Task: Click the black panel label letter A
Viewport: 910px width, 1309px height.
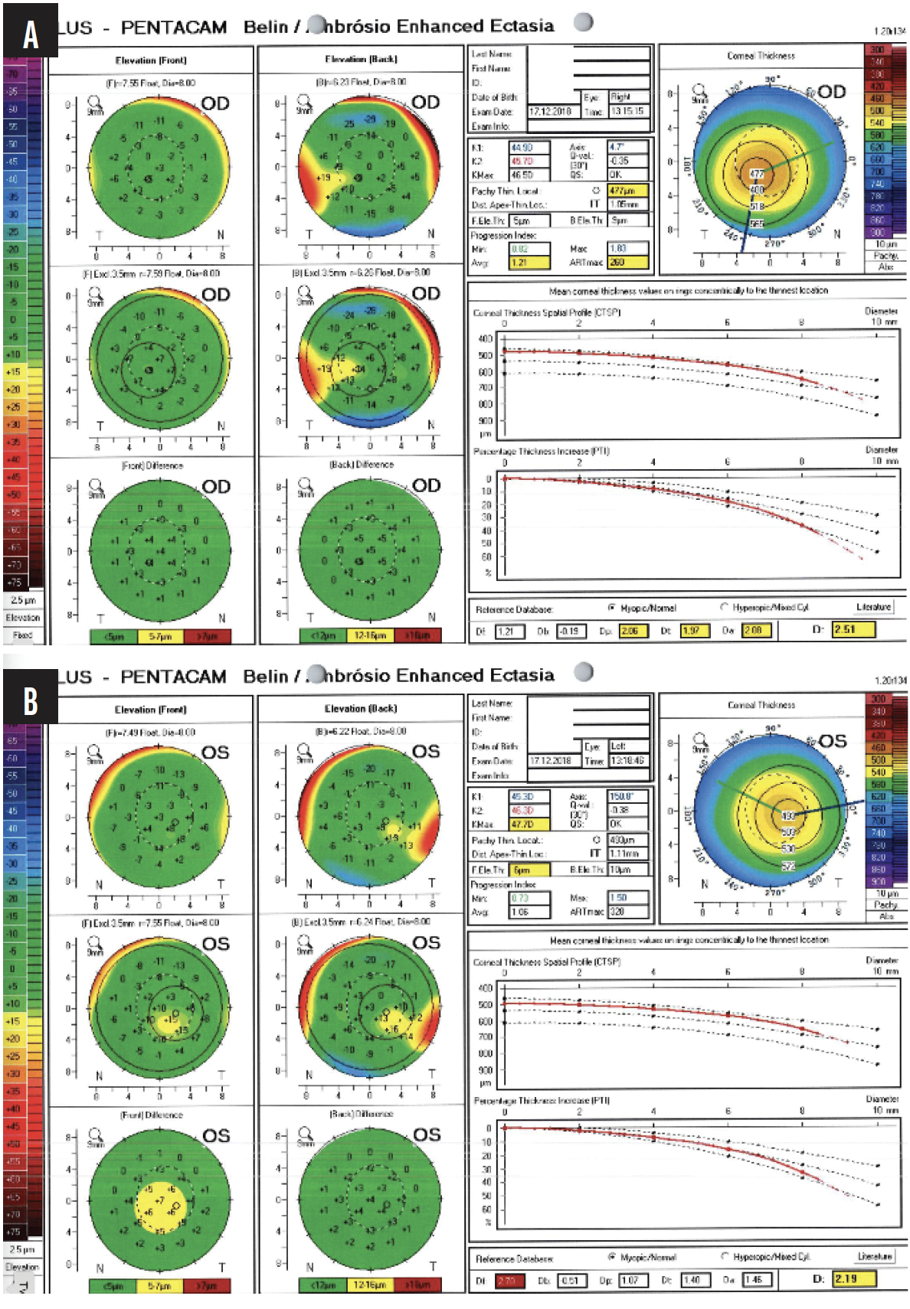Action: pos(31,31)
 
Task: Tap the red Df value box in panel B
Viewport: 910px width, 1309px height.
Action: pos(509,1280)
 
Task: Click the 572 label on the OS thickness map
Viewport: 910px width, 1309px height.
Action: pos(787,866)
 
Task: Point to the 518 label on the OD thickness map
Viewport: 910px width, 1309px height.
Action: pos(757,206)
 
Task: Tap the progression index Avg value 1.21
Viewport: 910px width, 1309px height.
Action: pos(529,263)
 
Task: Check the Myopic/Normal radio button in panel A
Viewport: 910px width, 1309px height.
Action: pos(612,607)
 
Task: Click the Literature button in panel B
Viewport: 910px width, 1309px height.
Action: pos(874,1256)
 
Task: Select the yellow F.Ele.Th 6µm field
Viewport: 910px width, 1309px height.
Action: pos(529,870)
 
